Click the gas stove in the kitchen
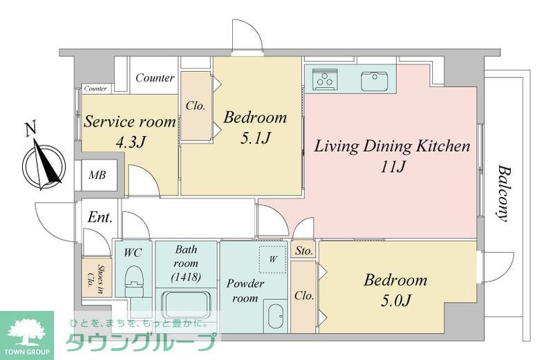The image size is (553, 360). (x=325, y=78)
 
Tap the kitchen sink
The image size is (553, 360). (x=374, y=81)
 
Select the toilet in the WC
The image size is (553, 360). (x=134, y=281)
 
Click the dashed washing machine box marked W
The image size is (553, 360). (x=272, y=259)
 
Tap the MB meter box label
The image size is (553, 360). (x=97, y=175)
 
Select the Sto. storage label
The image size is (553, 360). (x=303, y=251)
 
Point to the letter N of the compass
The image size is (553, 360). (x=31, y=129)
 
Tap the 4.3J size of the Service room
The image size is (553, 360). (x=131, y=142)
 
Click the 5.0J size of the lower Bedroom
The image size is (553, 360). (x=395, y=301)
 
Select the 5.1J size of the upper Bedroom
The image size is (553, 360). (x=255, y=138)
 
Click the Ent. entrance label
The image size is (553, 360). (x=100, y=217)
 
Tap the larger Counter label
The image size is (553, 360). (x=155, y=77)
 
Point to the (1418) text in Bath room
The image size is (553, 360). (x=186, y=277)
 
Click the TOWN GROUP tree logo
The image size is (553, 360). (x=27, y=335)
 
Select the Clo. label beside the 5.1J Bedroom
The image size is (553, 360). (x=196, y=106)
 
